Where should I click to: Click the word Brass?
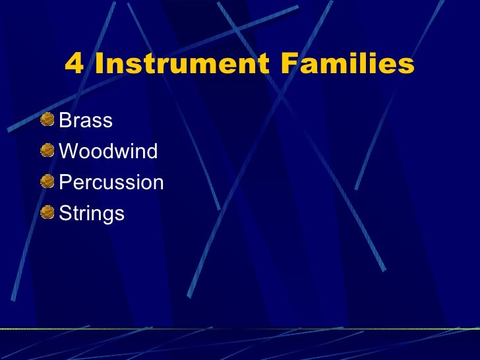point(86,121)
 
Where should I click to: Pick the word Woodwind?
point(108,152)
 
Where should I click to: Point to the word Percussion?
point(111,183)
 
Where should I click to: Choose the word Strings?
point(92,214)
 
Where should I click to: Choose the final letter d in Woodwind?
point(152,152)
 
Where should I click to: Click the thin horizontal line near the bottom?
point(240,328)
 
